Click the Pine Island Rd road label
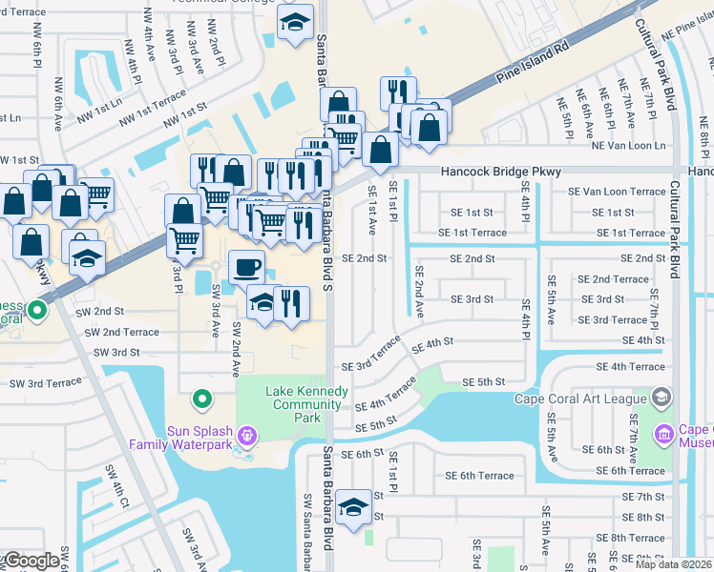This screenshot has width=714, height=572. coord(534,60)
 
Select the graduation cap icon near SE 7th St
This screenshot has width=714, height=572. coord(354,507)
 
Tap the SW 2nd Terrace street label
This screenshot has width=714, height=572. coord(122,332)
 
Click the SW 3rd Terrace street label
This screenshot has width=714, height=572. coord(46,383)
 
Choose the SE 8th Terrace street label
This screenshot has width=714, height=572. coord(630,539)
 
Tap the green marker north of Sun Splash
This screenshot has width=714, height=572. coord(201,398)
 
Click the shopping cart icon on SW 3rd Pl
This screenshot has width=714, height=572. coord(185,240)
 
